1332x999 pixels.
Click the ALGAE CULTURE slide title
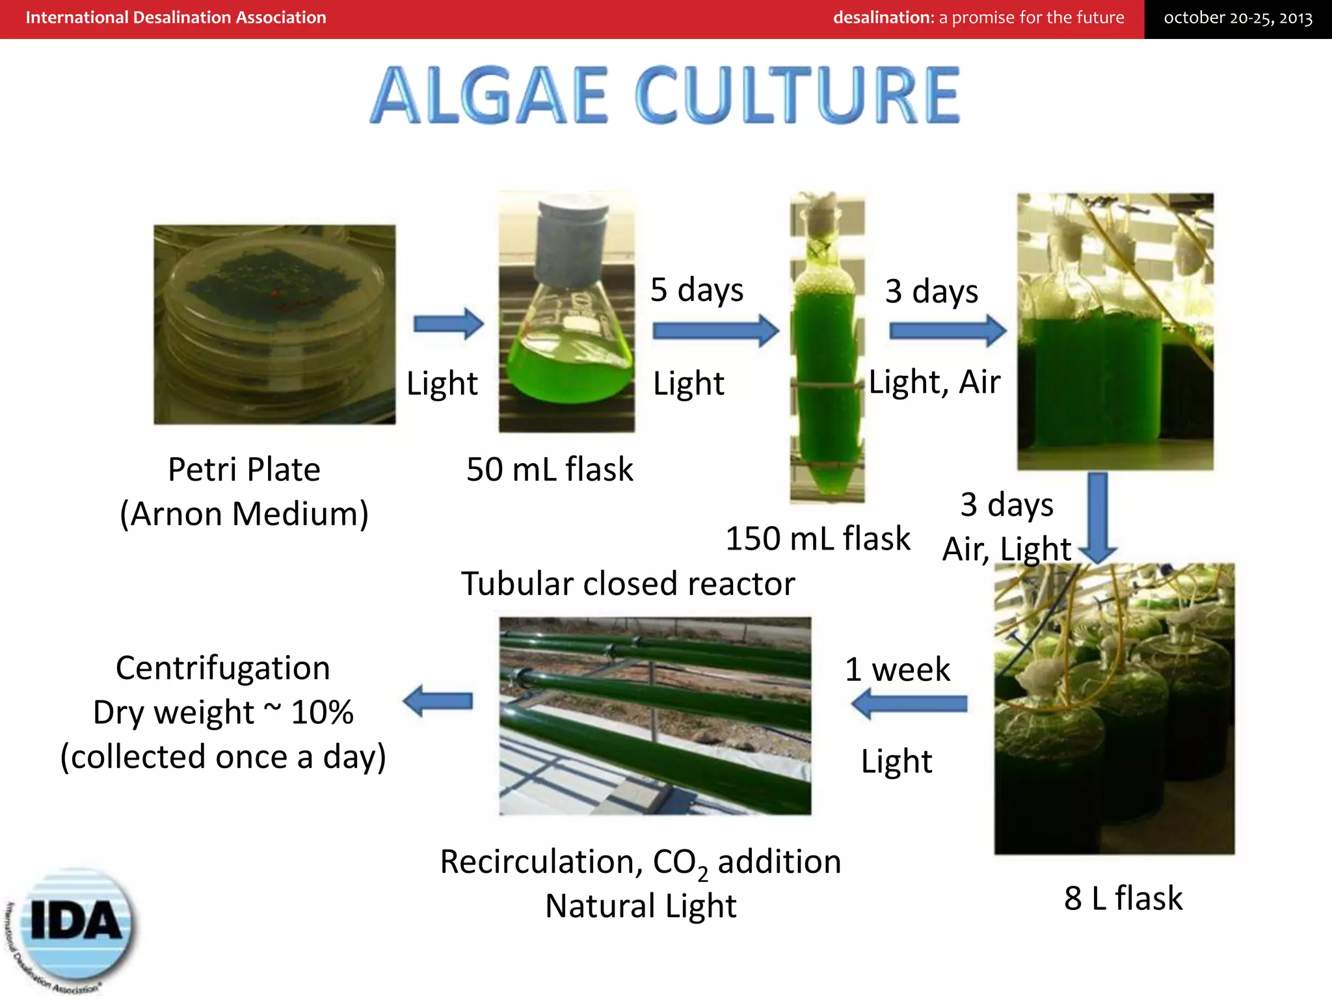665,95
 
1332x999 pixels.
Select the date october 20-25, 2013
1238,18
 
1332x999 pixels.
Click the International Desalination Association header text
176,18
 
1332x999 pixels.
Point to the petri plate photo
274,325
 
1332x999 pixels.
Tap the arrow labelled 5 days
715,330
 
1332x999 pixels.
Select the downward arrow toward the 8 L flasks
1098,517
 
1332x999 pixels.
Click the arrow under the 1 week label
909,704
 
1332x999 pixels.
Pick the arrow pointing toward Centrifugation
437,701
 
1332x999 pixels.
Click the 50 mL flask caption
550,470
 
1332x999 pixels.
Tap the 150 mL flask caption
818,539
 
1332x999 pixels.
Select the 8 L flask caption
1123,898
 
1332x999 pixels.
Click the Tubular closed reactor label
628,583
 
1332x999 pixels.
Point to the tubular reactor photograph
655,715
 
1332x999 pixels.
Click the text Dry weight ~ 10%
223,712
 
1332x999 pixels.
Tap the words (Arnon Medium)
244,514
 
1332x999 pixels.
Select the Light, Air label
935,382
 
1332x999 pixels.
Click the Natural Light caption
641,906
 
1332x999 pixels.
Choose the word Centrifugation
223,668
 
